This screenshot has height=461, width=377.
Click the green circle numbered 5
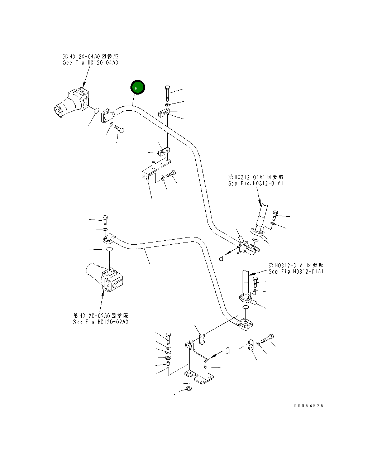138,87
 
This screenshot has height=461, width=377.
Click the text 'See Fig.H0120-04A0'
90,63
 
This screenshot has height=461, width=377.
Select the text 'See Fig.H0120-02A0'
100,322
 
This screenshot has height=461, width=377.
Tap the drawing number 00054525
309,406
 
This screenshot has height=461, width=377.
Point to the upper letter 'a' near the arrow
221,257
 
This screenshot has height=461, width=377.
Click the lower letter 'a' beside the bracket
228,350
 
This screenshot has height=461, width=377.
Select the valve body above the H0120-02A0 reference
106,279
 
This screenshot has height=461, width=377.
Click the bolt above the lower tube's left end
105,220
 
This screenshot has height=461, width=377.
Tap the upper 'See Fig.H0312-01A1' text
256,183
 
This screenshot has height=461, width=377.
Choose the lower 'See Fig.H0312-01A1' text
296,272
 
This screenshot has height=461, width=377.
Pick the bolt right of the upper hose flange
275,215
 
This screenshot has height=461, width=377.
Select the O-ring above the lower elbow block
245,308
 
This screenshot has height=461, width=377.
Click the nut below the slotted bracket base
189,389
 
